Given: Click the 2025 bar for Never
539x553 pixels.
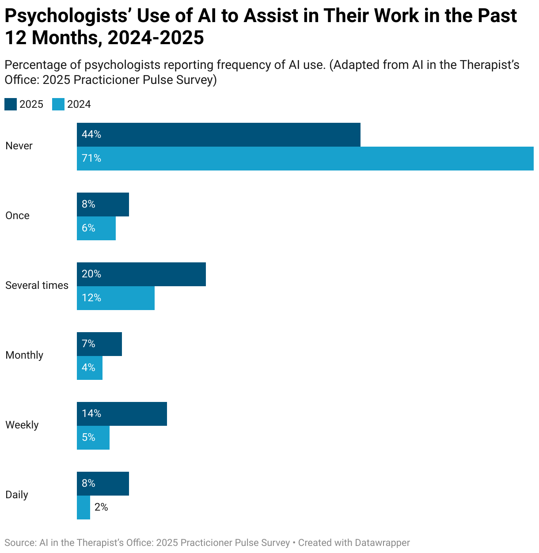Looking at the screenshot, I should (219, 135).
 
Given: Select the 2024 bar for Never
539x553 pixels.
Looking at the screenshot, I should (305, 159).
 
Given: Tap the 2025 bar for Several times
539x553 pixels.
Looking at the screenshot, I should (141, 274).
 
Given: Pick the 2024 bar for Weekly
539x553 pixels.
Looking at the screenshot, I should (93, 438).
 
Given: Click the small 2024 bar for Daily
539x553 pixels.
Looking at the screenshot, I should (84, 508).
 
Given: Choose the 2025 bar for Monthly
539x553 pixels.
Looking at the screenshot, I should (99, 344).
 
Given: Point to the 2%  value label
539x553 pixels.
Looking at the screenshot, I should (101, 507).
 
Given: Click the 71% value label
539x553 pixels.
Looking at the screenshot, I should (91, 158).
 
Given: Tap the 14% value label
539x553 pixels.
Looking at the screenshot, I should (91, 413).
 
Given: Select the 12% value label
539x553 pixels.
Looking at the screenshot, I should (91, 298).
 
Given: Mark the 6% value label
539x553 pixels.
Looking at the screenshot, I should (88, 228).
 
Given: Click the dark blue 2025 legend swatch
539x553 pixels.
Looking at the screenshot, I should (11, 104).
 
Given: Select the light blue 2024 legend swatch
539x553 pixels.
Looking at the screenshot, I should (58, 104).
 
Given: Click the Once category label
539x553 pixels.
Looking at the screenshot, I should (18, 216).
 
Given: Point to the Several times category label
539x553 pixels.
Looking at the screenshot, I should (37, 285).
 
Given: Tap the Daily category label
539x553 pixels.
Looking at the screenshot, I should (17, 495).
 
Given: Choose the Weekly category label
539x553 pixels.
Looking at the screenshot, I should (22, 425).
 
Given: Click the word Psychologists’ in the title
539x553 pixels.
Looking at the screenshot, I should (68, 16).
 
